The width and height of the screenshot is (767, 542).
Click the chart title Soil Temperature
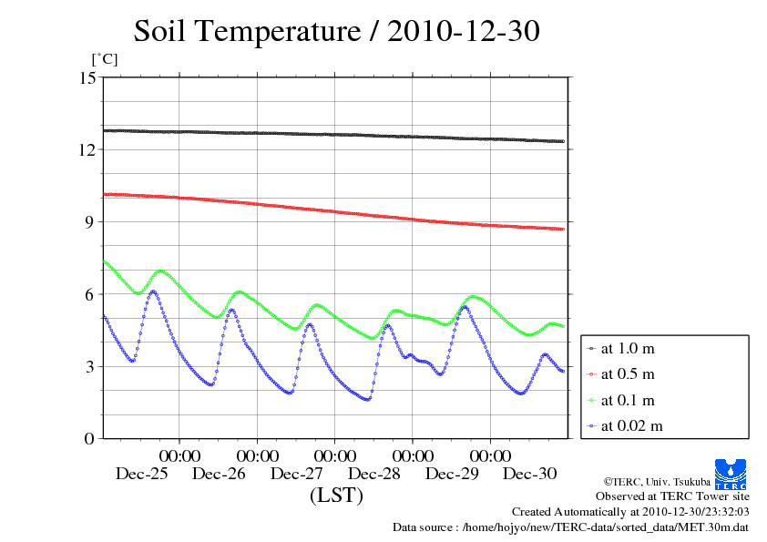click(247, 32)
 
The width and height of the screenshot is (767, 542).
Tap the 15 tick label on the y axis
click(87, 77)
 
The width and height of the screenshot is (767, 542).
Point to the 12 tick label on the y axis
click(87, 149)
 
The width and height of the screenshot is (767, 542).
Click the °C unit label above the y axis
click(104, 59)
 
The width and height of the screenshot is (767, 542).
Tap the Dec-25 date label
click(142, 474)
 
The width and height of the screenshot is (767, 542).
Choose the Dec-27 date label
click(297, 474)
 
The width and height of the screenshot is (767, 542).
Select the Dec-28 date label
click(374, 474)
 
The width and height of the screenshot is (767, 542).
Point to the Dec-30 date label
click(530, 474)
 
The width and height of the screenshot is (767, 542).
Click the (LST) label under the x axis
click(336, 496)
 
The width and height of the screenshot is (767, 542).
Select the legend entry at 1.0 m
click(629, 349)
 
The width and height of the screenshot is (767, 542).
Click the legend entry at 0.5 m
click(629, 374)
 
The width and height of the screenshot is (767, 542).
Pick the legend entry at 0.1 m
click(629, 400)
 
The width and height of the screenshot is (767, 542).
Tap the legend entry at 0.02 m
click(631, 425)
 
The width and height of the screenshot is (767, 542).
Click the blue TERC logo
click(731, 474)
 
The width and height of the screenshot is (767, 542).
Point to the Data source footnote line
click(570, 527)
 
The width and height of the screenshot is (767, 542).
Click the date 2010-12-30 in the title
click(464, 32)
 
